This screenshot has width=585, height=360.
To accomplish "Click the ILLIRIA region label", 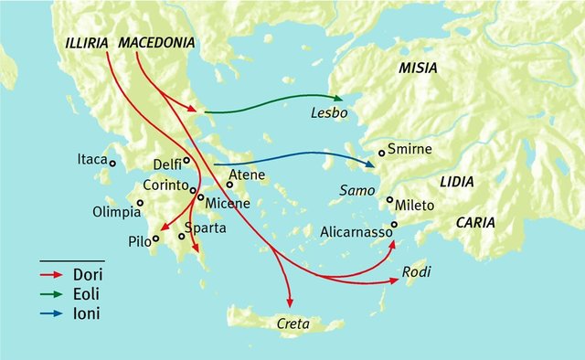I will [x=88, y=43].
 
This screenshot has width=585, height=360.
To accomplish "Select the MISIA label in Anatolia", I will [x=417, y=69].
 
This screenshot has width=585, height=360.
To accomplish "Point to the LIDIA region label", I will [x=456, y=182].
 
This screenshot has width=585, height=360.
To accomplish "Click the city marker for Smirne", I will [x=382, y=153].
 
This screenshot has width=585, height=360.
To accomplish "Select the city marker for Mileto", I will [x=389, y=200].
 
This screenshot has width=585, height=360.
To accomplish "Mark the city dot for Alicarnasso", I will [x=395, y=224].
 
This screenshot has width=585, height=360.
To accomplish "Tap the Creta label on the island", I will [x=289, y=324].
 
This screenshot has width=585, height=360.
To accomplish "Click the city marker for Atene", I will [x=229, y=185].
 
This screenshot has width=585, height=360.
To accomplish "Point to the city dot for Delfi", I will [x=186, y=160].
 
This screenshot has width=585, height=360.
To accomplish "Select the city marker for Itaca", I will [x=112, y=163].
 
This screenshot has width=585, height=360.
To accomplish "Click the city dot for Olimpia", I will [x=140, y=203].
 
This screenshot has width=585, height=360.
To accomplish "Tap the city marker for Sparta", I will [x=181, y=237].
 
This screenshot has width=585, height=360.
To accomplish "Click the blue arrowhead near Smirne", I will [x=369, y=165].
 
